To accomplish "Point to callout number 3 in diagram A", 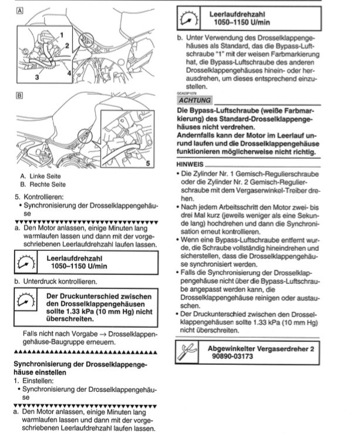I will [37, 76].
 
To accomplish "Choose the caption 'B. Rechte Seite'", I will [46, 184].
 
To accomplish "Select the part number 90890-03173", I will [232, 357].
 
